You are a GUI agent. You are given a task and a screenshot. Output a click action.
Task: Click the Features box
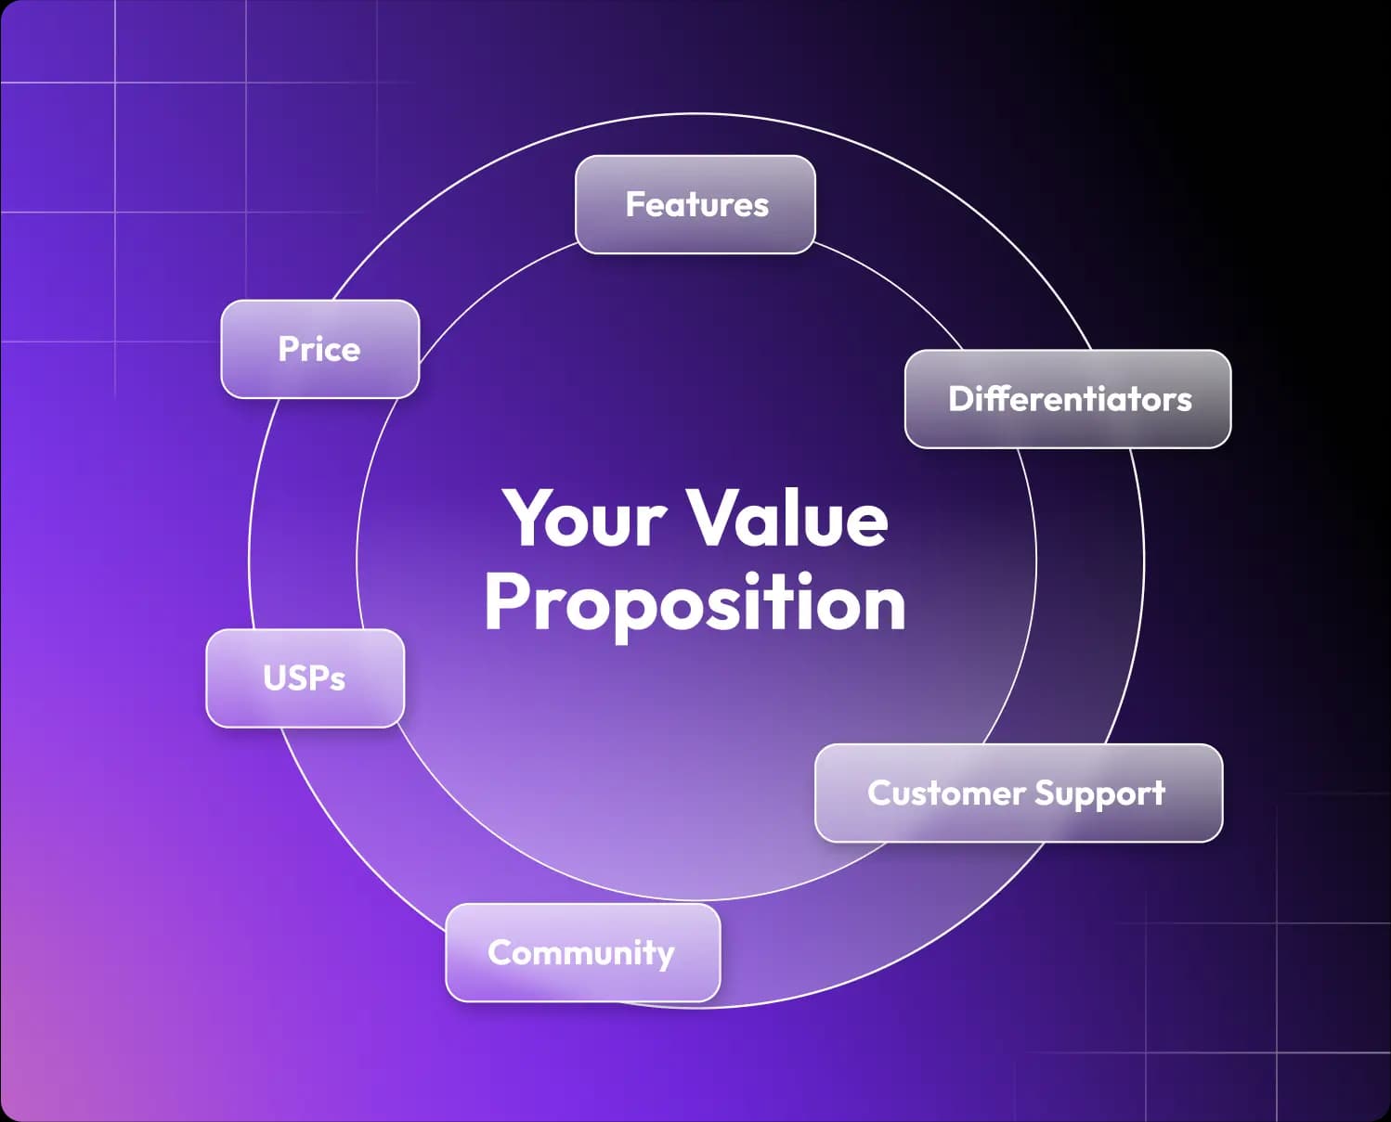[695, 204]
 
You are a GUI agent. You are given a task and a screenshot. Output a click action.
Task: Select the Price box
[320, 349]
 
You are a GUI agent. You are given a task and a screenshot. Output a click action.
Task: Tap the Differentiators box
[1068, 399]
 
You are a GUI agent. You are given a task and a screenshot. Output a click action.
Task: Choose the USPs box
[305, 678]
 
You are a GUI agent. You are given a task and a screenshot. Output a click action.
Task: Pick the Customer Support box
[1019, 793]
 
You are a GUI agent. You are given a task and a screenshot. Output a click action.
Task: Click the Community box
[583, 952]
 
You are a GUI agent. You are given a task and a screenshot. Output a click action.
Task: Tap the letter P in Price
[289, 348]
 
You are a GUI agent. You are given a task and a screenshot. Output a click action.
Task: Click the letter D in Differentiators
[961, 399]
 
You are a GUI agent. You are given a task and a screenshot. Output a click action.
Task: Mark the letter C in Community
[500, 951]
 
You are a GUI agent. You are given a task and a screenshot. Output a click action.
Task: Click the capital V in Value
[717, 517]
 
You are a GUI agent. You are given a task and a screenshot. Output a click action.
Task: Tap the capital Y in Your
[531, 518]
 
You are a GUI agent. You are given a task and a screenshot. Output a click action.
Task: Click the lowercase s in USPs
[337, 682]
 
